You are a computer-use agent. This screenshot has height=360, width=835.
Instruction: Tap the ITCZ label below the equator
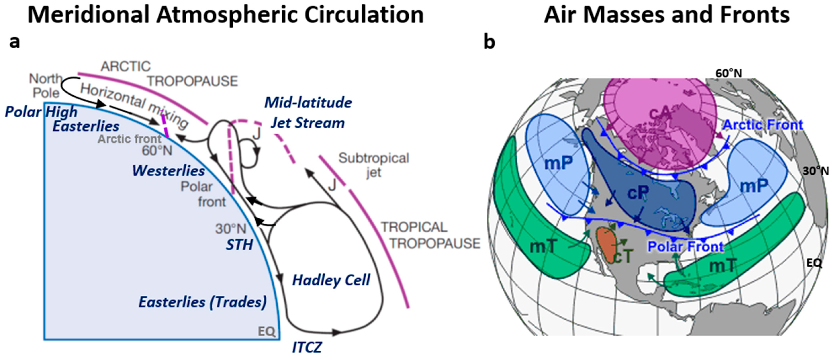(307, 348)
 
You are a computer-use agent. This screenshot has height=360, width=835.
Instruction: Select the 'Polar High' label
(41, 112)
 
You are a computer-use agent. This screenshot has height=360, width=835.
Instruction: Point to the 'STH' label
(239, 245)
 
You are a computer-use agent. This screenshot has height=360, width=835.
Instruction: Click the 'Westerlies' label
(168, 171)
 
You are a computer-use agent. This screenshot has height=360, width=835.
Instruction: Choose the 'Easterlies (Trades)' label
(203, 302)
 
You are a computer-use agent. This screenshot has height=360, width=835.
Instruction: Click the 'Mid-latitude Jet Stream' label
(308, 113)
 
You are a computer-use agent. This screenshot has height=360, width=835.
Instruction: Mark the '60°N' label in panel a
(157, 151)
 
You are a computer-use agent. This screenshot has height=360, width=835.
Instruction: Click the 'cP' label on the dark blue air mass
(638, 193)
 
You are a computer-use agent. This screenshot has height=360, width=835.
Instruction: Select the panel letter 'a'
(14, 42)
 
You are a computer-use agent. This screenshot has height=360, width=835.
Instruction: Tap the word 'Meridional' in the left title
(88, 15)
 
